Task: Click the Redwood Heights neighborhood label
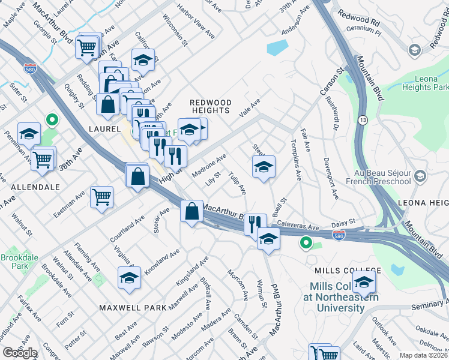tap(210, 106)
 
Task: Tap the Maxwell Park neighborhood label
tap(133, 307)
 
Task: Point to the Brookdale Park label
tap(14, 261)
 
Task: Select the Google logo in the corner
tap(20, 353)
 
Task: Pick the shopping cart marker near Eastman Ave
tap(101, 196)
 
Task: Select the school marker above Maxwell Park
tap(129, 278)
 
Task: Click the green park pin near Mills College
tap(306, 243)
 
